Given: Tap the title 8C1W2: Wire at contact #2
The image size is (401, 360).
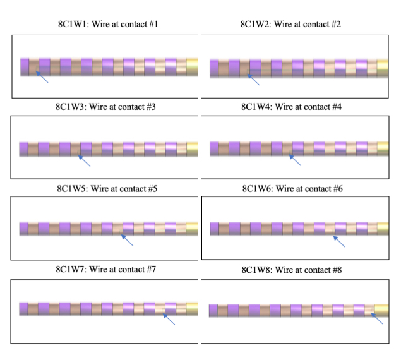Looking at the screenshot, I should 291,25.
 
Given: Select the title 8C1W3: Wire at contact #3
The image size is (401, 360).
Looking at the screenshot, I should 106,107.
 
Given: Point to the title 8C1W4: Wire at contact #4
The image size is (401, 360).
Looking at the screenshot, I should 291,107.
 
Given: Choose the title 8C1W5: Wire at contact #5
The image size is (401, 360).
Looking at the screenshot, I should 106,188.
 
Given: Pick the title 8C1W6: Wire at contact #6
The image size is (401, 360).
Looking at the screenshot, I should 291,188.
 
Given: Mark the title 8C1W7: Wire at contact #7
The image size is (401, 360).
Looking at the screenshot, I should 106,270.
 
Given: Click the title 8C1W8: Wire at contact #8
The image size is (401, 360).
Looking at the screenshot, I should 291,270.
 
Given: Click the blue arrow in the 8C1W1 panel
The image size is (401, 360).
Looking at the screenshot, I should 42,78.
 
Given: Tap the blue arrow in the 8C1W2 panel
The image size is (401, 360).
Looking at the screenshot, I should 253,80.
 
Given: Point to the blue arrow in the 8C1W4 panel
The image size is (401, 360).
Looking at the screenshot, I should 294,160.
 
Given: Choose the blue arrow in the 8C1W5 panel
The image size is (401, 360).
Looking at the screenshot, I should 127,240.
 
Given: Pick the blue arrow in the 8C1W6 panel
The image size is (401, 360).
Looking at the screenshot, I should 339,241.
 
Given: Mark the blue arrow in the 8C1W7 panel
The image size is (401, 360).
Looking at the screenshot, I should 169,320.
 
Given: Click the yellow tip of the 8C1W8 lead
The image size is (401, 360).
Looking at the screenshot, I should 381,310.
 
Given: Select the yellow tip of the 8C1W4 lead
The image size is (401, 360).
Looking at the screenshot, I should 381,148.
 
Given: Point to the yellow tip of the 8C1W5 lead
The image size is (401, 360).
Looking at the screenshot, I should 191,228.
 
